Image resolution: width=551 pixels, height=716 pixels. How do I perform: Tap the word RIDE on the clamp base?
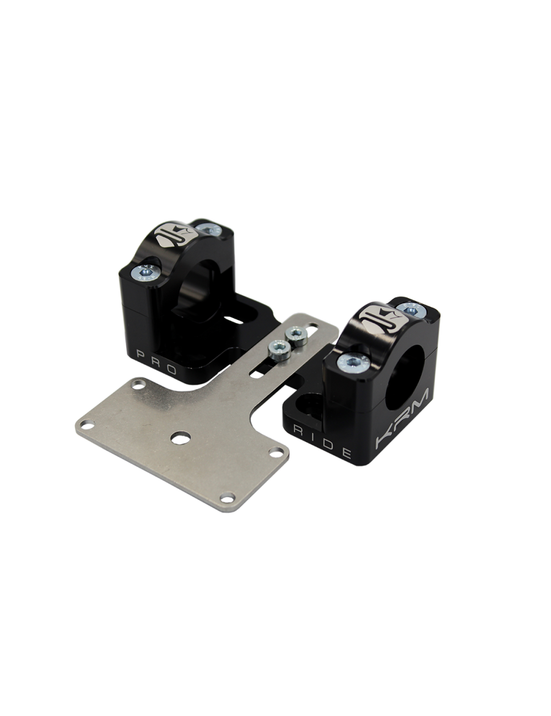(x=322, y=442)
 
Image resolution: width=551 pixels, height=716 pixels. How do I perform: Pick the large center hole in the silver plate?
(x=181, y=438)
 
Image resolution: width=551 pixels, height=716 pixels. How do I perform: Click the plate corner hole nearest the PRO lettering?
(x=138, y=384)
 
